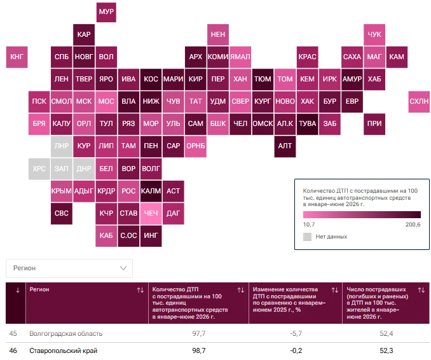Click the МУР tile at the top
coord(106,12)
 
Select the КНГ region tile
coord(17,57)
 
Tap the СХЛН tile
coord(419,102)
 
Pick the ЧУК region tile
coord(374,34)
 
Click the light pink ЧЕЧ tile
coord(151,214)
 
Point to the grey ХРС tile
coord(39,169)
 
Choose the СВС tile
coord(62,214)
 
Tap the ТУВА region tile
coord(307,124)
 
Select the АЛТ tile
coord(285,146)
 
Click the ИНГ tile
coord(151,236)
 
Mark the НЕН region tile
coord(218,34)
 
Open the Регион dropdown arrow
coord(123,268)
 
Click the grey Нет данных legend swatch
coord(307,237)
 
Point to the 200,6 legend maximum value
coord(413,225)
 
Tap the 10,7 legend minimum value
coord(309,225)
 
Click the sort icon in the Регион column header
coord(140,290)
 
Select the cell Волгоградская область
coord(66,333)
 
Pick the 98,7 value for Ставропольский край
coord(199,350)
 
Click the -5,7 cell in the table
coord(296,333)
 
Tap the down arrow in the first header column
coord(18,290)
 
